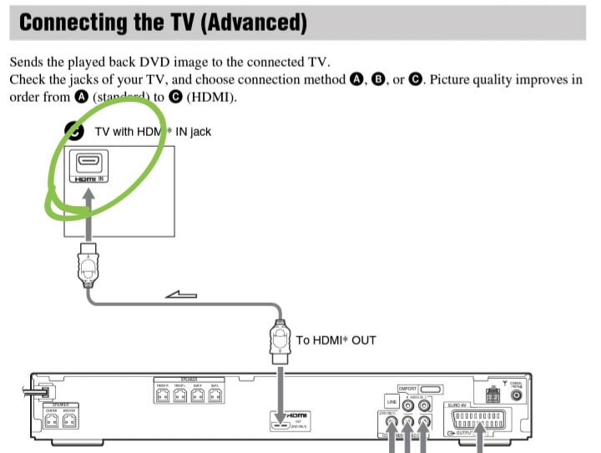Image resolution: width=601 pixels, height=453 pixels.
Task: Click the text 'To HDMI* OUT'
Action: pos(336,340)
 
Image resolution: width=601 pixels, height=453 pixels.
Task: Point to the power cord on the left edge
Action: pos(37,390)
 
